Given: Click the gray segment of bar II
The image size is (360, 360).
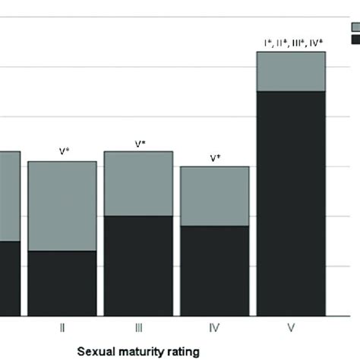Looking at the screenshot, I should click(x=62, y=206).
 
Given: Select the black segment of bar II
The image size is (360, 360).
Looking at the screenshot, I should click(x=62, y=283).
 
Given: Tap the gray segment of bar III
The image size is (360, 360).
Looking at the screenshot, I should click(x=138, y=184).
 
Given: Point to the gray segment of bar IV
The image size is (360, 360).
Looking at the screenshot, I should click(x=215, y=196).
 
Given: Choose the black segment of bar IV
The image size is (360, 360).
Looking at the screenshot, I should click(x=215, y=270).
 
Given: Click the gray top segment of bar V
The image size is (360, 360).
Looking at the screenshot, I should click(x=292, y=71).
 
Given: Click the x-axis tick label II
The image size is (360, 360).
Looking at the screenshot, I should click(x=62, y=328).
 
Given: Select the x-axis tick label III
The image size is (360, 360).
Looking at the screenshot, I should click(x=138, y=328).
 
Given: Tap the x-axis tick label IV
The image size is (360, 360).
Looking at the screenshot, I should click(x=215, y=328).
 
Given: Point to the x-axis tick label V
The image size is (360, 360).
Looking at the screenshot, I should click(x=292, y=328).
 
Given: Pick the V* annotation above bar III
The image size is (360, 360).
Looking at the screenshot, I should click(x=141, y=142).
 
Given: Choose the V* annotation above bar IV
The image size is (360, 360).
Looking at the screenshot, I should click(x=216, y=158).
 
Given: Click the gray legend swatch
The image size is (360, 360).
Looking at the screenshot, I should click(x=355, y=27).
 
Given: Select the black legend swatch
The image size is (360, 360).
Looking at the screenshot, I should click(x=355, y=39).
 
